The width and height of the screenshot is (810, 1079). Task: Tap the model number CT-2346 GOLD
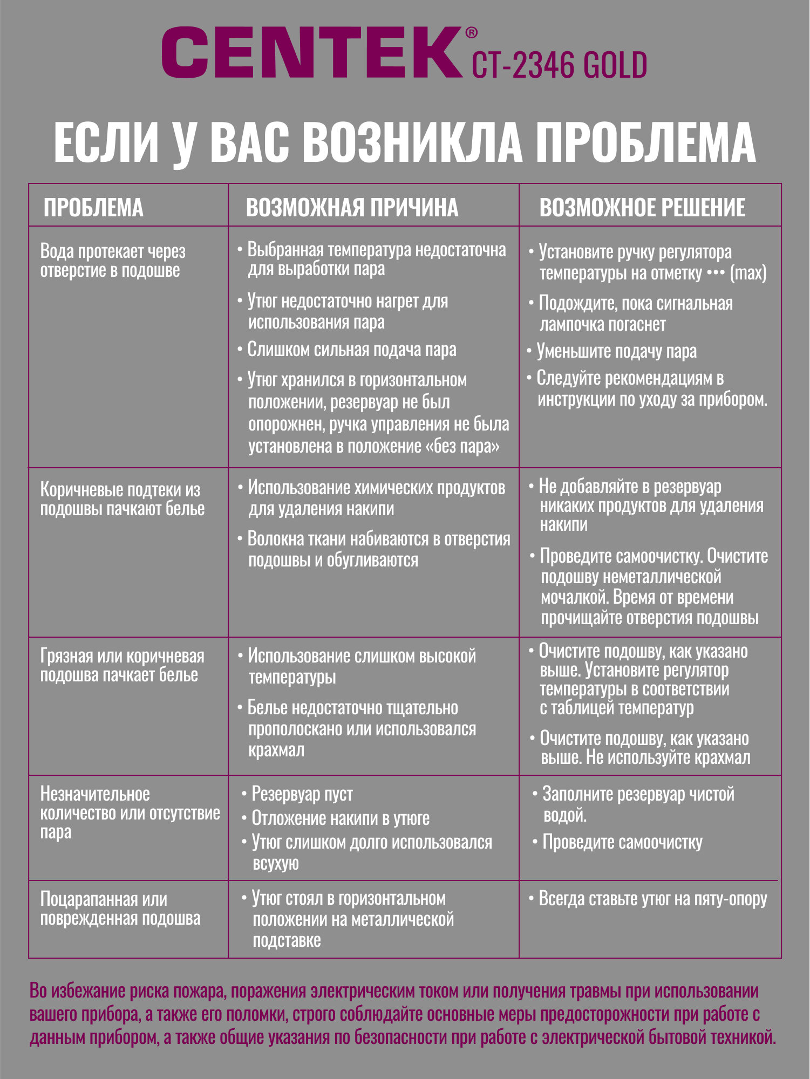coord(559,66)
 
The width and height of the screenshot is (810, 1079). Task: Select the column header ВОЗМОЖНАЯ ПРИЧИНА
coord(352,208)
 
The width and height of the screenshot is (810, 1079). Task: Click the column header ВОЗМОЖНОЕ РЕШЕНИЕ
coord(642,208)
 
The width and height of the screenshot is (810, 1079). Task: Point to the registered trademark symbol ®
coord(471,33)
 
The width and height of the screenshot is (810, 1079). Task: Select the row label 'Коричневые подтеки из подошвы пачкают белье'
coord(122,499)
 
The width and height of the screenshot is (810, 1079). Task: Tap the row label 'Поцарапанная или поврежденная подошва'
coord(120,909)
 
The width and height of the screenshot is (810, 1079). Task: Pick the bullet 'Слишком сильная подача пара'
coord(351,350)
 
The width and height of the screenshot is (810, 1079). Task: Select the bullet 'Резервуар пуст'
coord(302,794)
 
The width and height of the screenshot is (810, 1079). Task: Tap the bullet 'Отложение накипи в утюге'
coord(340,818)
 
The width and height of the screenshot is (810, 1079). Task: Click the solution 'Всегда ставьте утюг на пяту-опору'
coord(652,899)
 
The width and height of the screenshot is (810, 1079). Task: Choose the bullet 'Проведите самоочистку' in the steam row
coord(622,842)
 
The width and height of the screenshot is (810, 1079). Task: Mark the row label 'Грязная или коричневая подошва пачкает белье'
coord(122,665)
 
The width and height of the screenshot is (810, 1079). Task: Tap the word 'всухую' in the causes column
coord(276,863)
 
